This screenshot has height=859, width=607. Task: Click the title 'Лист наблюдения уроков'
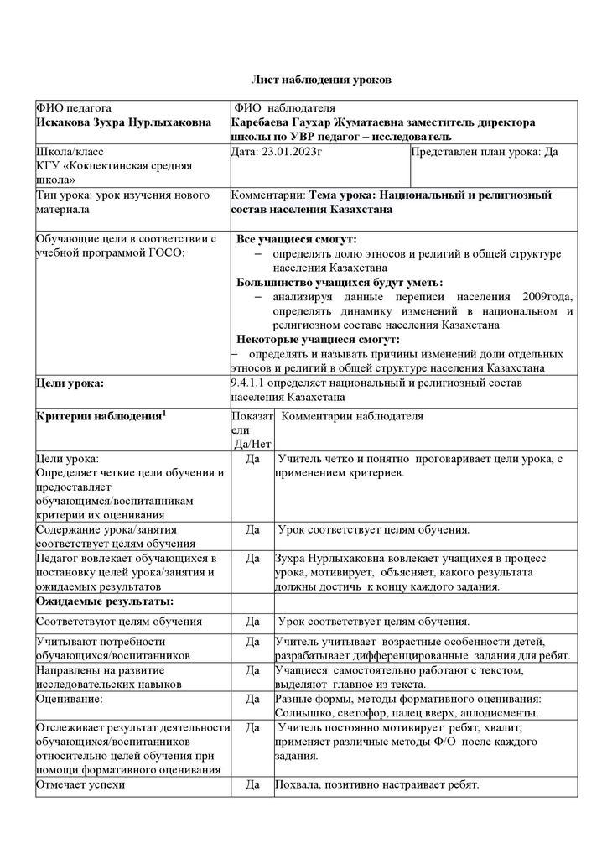[x=322, y=80]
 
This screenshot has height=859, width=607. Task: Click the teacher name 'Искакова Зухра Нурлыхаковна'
[x=123, y=122]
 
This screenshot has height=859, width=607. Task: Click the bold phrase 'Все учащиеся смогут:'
[x=296, y=240]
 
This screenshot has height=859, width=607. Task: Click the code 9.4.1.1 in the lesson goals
[x=250, y=383]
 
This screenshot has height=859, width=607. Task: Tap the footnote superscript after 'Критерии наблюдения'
[x=164, y=412]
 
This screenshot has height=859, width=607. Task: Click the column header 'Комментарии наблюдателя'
[x=352, y=416]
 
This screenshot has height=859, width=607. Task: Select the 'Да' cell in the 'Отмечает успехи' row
[x=252, y=785]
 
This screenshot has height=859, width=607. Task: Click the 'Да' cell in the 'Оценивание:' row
[x=252, y=699]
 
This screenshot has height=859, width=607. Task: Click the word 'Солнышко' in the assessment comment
[x=301, y=713]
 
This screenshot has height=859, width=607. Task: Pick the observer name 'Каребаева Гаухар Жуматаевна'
[x=317, y=122]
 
